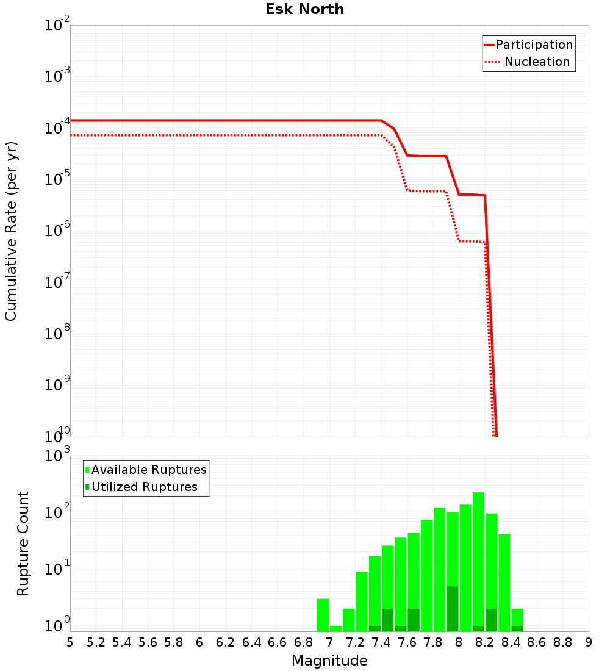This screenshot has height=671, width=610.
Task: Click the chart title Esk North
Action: [304, 10]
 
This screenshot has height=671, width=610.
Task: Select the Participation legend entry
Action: [534, 45]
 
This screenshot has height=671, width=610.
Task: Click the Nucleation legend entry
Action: [536, 62]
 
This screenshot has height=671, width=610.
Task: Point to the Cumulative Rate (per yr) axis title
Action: [11, 231]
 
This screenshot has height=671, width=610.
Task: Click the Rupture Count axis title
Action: [23, 544]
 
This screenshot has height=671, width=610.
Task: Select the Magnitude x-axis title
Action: [329, 661]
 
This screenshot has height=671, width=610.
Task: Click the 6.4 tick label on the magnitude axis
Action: [251, 642]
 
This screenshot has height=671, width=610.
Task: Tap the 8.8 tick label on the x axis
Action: [562, 642]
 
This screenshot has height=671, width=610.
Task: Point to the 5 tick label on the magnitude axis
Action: [70, 642]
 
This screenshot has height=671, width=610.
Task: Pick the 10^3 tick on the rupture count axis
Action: [58, 456]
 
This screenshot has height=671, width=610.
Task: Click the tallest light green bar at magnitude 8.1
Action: [478, 561]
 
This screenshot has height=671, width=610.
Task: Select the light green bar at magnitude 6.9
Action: [323, 615]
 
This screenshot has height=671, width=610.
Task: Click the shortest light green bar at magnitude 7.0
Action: [335, 628]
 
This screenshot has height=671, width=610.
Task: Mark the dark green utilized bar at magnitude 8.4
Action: [517, 628]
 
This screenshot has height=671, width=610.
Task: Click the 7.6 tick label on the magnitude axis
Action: [407, 642]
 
